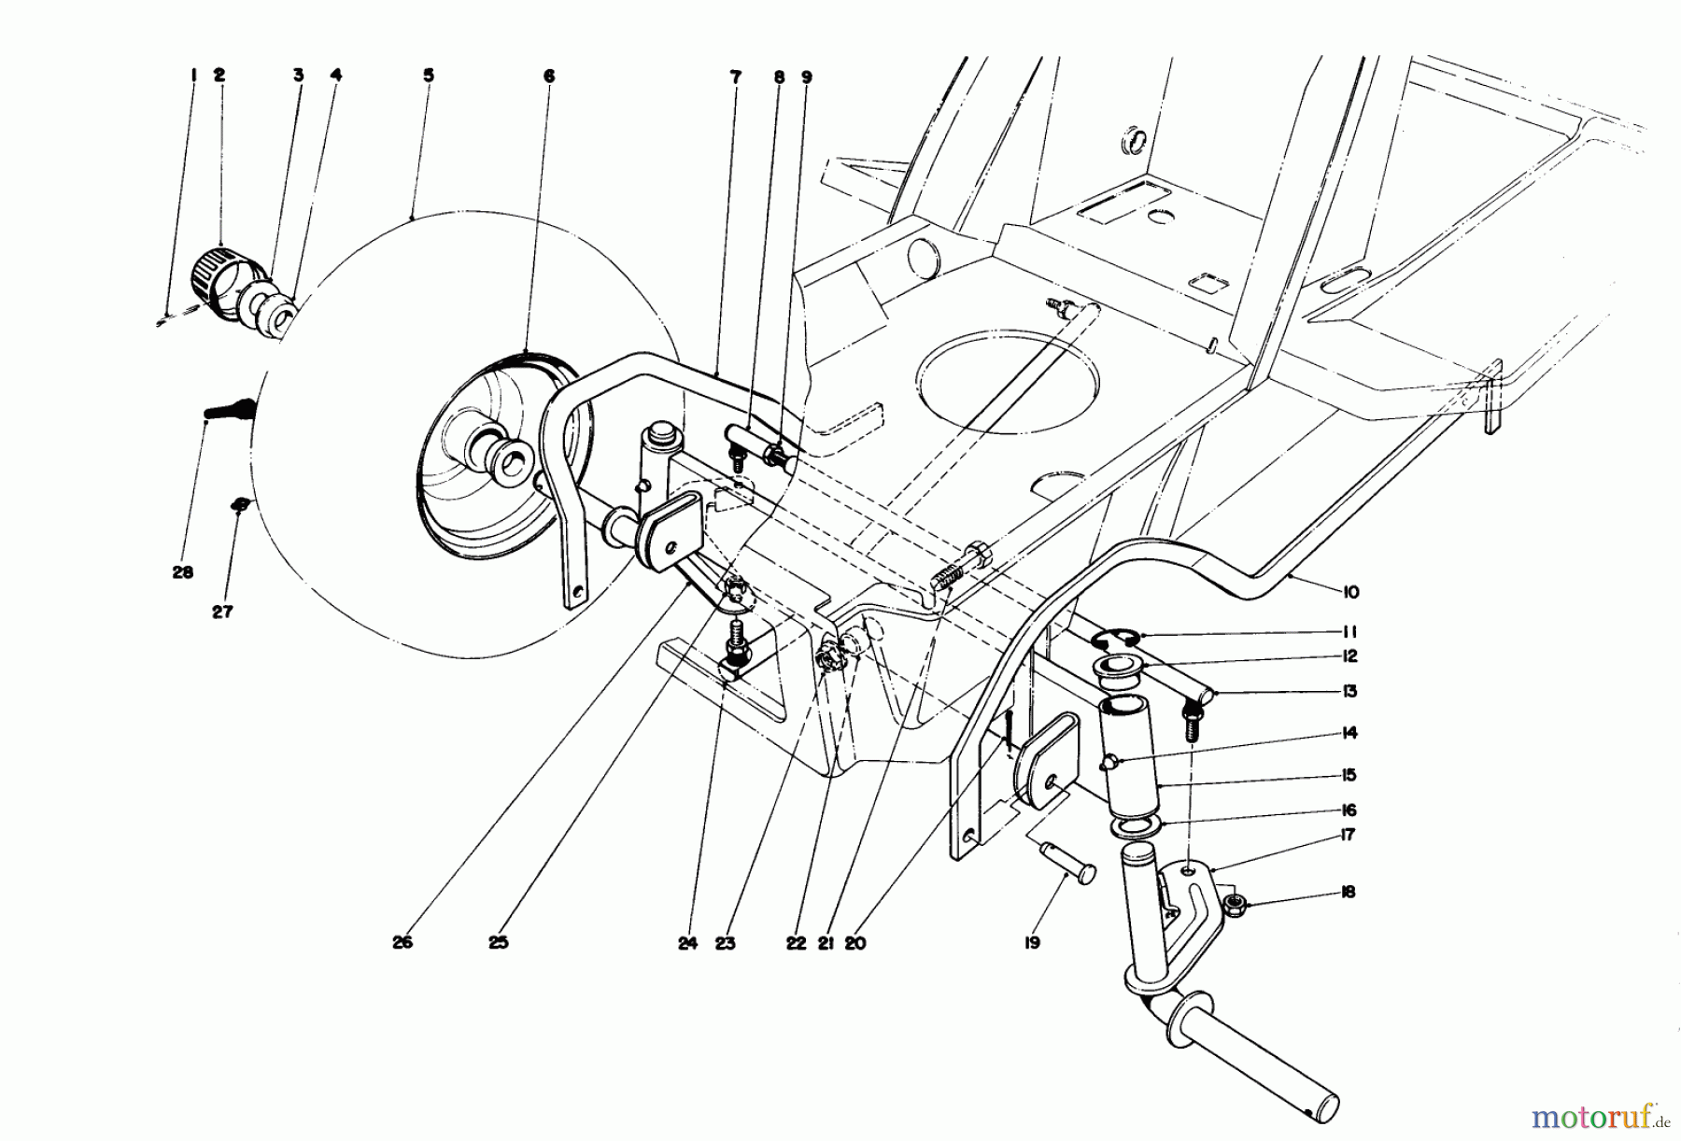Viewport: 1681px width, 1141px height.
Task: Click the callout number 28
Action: coord(182,572)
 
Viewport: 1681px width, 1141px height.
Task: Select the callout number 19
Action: coord(1030,943)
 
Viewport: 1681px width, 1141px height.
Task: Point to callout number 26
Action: coord(402,943)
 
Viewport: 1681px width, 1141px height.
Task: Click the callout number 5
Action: coord(428,76)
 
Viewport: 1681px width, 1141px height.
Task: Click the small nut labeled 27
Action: coord(240,504)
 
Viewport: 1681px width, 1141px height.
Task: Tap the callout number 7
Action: coord(736,77)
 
